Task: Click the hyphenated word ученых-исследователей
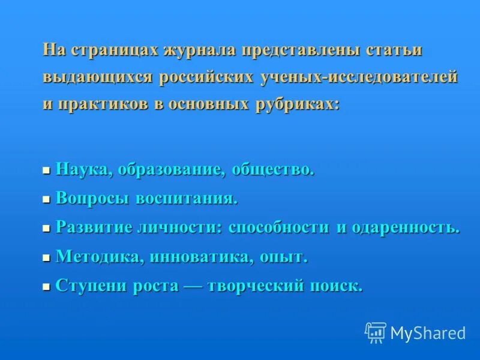[359, 77]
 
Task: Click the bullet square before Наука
[46, 171]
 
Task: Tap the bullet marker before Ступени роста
[46, 288]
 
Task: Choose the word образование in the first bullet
[172, 170]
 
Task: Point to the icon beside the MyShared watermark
[376, 332]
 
